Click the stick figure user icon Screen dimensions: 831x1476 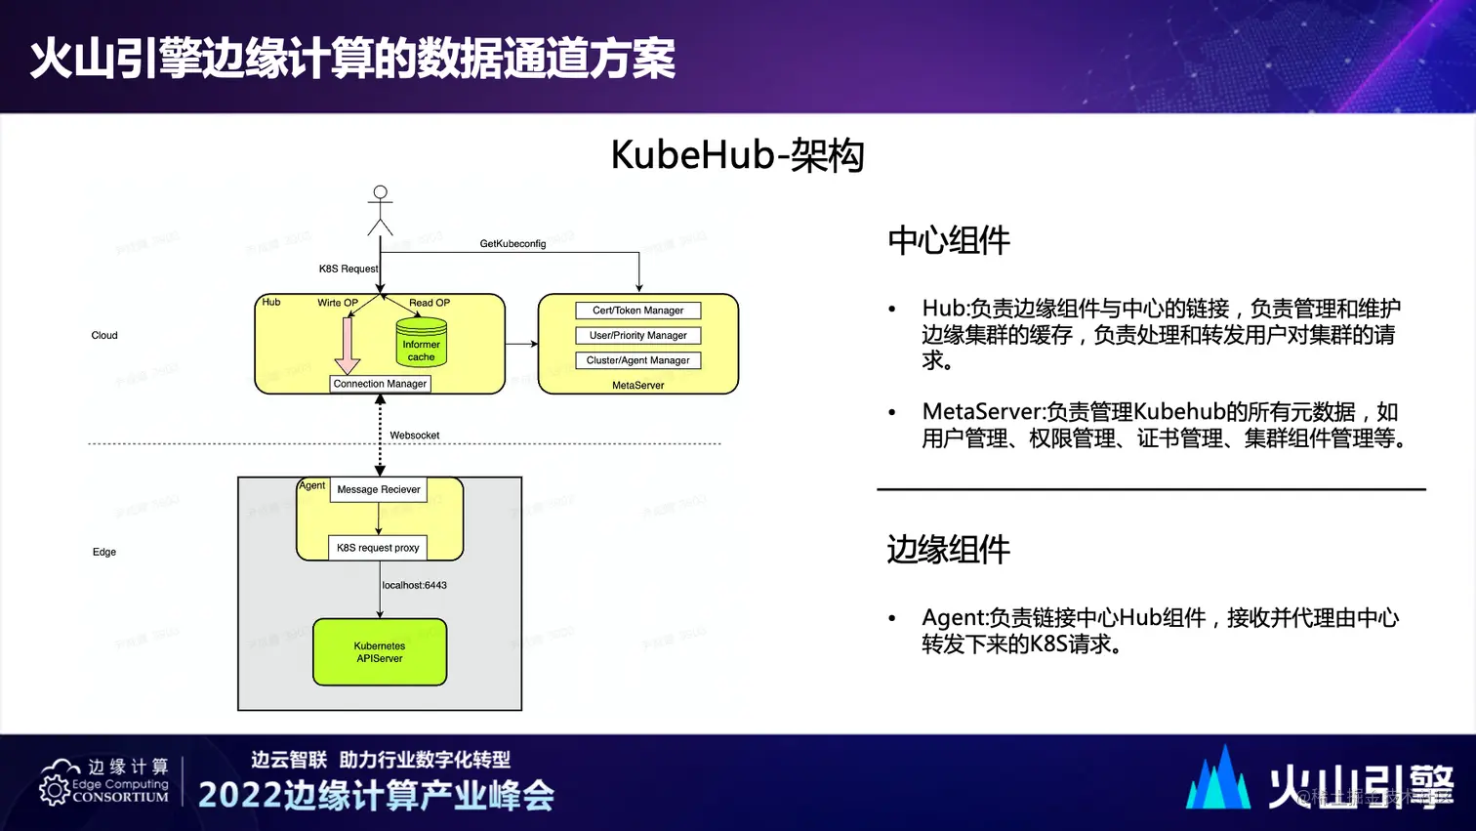(380, 210)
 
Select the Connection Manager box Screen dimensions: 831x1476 (380, 384)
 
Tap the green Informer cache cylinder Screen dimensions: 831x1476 (421, 344)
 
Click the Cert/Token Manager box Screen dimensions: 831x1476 (637, 311)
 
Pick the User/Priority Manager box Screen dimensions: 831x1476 (637, 335)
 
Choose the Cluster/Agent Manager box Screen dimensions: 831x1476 (637, 360)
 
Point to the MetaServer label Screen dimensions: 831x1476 (637, 386)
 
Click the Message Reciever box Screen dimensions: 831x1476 (379, 489)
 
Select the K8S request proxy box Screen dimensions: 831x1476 (378, 548)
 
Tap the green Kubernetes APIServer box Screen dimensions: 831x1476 (380, 652)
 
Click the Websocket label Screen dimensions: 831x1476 (414, 436)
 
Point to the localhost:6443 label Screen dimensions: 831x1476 (414, 585)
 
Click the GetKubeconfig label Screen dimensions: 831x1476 (512, 244)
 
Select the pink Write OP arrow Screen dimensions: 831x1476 (348, 344)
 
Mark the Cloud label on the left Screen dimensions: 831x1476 (104, 335)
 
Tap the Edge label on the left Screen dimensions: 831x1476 (104, 552)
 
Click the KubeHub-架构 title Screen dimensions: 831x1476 (737, 155)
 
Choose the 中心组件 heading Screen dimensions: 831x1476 (948, 240)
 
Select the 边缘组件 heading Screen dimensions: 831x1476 (948, 550)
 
